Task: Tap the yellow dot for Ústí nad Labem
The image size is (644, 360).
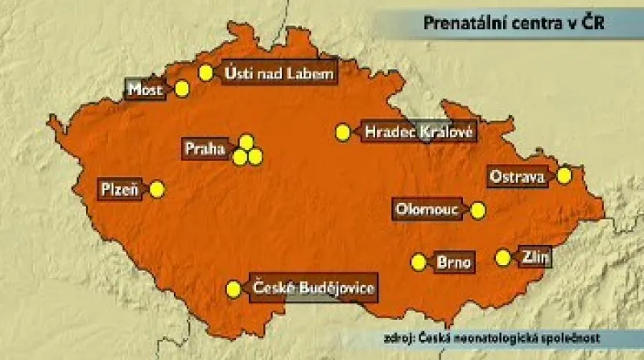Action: (206, 73)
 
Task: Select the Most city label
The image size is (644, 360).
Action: (146, 90)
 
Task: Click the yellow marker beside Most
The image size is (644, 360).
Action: (183, 89)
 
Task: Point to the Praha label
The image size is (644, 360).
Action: (205, 149)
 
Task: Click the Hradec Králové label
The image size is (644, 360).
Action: (418, 132)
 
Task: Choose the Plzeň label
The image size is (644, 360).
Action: (119, 190)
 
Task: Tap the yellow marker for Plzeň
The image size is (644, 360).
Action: (157, 189)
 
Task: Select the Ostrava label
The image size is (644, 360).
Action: (518, 176)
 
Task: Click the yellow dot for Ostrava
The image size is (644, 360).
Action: (564, 175)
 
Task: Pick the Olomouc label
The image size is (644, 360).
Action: (427, 209)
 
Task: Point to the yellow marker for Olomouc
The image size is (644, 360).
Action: (478, 209)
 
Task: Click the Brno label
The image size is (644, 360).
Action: (453, 263)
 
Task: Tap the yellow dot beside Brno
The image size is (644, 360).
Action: (419, 262)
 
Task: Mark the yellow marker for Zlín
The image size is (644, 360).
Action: (503, 258)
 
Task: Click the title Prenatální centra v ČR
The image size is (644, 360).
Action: (514, 23)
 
